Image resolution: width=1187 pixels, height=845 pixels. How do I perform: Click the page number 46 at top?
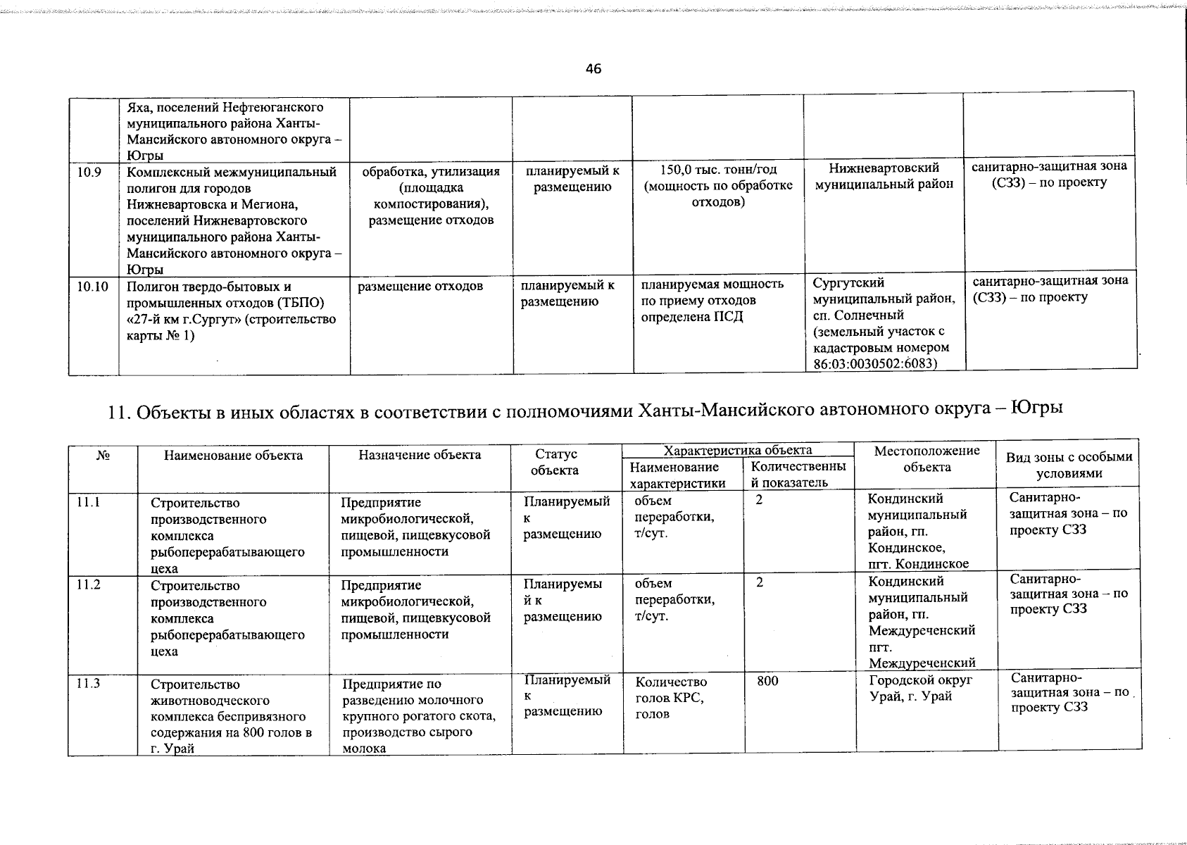coord(593,69)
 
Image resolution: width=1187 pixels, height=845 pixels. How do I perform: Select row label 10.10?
coord(92,287)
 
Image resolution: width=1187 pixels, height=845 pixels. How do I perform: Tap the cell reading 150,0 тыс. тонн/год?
coord(717,170)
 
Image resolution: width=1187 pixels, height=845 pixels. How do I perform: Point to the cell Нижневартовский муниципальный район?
coord(884,176)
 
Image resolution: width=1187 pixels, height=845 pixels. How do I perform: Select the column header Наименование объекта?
coord(233,456)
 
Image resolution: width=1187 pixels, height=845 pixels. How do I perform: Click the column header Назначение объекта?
coord(420,455)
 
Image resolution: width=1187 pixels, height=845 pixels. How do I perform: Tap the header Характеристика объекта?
coord(738,450)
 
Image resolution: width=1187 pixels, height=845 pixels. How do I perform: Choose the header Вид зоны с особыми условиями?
coord(1069,465)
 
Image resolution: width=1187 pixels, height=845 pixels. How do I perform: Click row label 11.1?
coord(89,503)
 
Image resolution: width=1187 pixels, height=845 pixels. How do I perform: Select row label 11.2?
coord(89,584)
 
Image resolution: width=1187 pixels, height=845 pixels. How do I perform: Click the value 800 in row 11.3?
coord(767,682)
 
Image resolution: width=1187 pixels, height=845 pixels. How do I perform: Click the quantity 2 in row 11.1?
coord(759,500)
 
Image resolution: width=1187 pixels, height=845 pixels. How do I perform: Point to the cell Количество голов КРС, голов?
coord(670,698)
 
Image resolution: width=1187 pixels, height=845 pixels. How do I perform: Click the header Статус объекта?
coord(555,463)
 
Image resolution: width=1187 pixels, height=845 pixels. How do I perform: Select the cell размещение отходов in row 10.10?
coord(420,286)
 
